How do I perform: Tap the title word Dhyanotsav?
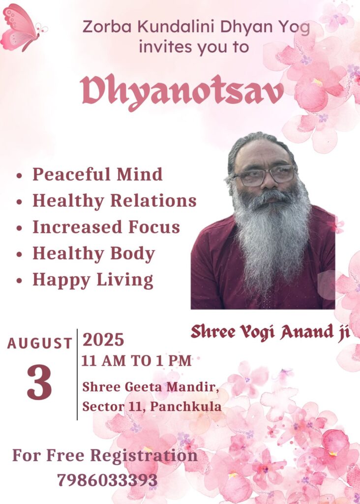point(182,91)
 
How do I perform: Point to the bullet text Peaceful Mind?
point(97,174)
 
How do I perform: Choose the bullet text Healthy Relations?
point(114,201)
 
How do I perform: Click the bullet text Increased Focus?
point(106,227)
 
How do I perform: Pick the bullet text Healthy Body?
point(94,253)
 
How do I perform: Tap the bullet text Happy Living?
point(93,280)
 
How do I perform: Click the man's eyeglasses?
point(263,176)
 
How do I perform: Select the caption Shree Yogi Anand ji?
point(270,332)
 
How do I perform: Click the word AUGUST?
point(39,343)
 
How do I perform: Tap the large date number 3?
point(39,382)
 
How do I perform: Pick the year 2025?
point(103,340)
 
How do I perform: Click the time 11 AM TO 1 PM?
point(137,361)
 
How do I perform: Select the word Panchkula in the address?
point(186,407)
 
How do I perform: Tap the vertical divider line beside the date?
point(77,375)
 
